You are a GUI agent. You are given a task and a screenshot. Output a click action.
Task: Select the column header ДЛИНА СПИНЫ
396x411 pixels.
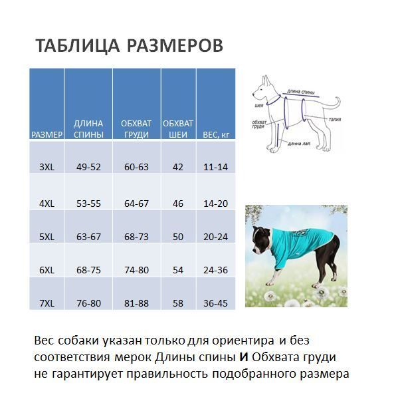click(88, 129)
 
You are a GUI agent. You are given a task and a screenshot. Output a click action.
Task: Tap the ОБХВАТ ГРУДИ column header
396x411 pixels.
click(136, 129)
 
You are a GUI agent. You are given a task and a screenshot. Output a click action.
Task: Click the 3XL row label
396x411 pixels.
click(47, 167)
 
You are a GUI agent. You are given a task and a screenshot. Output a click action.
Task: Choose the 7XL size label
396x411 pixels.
click(47, 303)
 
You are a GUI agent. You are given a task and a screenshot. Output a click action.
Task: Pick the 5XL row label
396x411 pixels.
click(47, 237)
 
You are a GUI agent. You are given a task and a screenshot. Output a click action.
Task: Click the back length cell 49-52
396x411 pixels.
click(88, 167)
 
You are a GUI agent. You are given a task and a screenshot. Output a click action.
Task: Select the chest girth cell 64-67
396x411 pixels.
click(136, 204)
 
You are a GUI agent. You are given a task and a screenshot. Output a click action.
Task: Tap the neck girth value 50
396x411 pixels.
click(178, 237)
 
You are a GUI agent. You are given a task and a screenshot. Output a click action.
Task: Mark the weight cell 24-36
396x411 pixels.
click(215, 270)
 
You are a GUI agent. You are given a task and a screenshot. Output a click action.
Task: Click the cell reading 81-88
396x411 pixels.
click(136, 303)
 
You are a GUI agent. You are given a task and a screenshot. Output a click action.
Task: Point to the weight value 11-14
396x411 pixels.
click(215, 167)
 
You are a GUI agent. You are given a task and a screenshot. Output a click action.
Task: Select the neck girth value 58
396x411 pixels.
click(178, 303)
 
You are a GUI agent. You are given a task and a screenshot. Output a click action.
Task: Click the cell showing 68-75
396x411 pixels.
click(88, 270)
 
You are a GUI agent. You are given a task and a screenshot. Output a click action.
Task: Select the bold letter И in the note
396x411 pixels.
click(244, 358)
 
